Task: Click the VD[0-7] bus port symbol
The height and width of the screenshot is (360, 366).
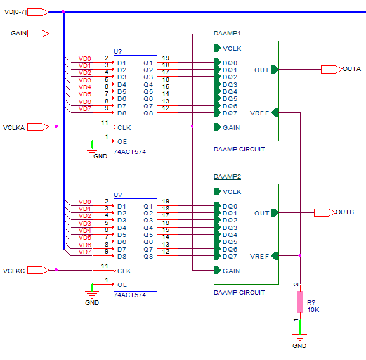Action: point(38,12)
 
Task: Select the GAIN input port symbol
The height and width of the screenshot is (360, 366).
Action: point(38,34)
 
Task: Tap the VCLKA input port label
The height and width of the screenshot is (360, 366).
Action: point(14,128)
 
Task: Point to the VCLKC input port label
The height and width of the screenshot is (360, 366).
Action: point(14,271)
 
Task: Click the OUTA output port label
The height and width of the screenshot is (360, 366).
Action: point(352,69)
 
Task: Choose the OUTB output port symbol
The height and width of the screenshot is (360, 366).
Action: point(325,213)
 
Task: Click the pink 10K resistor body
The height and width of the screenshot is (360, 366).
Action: point(300,302)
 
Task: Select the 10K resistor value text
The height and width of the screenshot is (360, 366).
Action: point(313,310)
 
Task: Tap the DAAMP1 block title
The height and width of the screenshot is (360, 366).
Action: point(227,34)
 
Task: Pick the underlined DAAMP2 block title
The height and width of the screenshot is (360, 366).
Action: point(227,177)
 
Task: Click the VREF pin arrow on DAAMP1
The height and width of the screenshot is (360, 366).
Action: point(275,113)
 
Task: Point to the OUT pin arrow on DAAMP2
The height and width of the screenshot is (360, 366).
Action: point(275,213)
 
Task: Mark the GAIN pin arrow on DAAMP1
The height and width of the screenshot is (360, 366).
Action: point(218,127)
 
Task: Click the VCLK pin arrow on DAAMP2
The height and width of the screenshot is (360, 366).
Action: point(218,191)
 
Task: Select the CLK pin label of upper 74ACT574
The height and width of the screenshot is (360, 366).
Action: point(124,128)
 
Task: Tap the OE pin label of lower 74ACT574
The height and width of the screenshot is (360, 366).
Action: point(122,285)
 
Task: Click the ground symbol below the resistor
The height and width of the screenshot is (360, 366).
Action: point(299,337)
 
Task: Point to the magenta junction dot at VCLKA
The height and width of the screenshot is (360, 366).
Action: point(56,126)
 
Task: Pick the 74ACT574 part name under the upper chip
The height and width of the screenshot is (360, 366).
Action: point(130,152)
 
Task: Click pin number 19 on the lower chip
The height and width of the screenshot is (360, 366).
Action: point(166,201)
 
